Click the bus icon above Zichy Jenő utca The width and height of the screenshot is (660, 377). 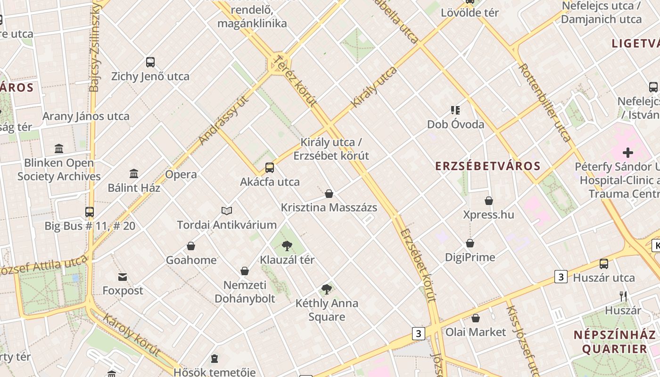coord(150,62)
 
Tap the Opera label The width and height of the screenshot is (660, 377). coord(181,174)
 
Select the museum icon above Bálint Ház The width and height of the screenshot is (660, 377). coord(134,174)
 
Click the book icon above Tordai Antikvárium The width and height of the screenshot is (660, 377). coord(227,211)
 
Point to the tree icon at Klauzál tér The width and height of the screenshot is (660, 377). coord(287,246)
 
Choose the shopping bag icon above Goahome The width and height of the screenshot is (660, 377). coord(191,246)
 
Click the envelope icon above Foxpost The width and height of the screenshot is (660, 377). coord(123,277)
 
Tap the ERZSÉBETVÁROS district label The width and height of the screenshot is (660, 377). coord(487,166)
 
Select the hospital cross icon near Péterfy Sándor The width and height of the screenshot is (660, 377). coord(627,152)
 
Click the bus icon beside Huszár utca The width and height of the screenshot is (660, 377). coord(604,264)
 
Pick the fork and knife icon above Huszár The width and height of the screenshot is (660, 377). coord(623,296)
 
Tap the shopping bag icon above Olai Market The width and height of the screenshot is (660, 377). coord(476,318)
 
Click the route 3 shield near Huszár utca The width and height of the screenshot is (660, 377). coord(561,277)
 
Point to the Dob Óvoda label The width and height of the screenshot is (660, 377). coord(455,124)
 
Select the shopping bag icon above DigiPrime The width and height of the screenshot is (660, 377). coord(470,243)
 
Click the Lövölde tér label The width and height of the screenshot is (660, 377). coord(470,13)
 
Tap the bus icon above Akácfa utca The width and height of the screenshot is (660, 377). coord(270,168)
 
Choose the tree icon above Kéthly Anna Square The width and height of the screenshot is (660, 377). coord(326,289)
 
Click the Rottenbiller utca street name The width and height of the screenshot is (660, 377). coord(545,102)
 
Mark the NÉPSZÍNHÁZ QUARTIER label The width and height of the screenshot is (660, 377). coord(614,342)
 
